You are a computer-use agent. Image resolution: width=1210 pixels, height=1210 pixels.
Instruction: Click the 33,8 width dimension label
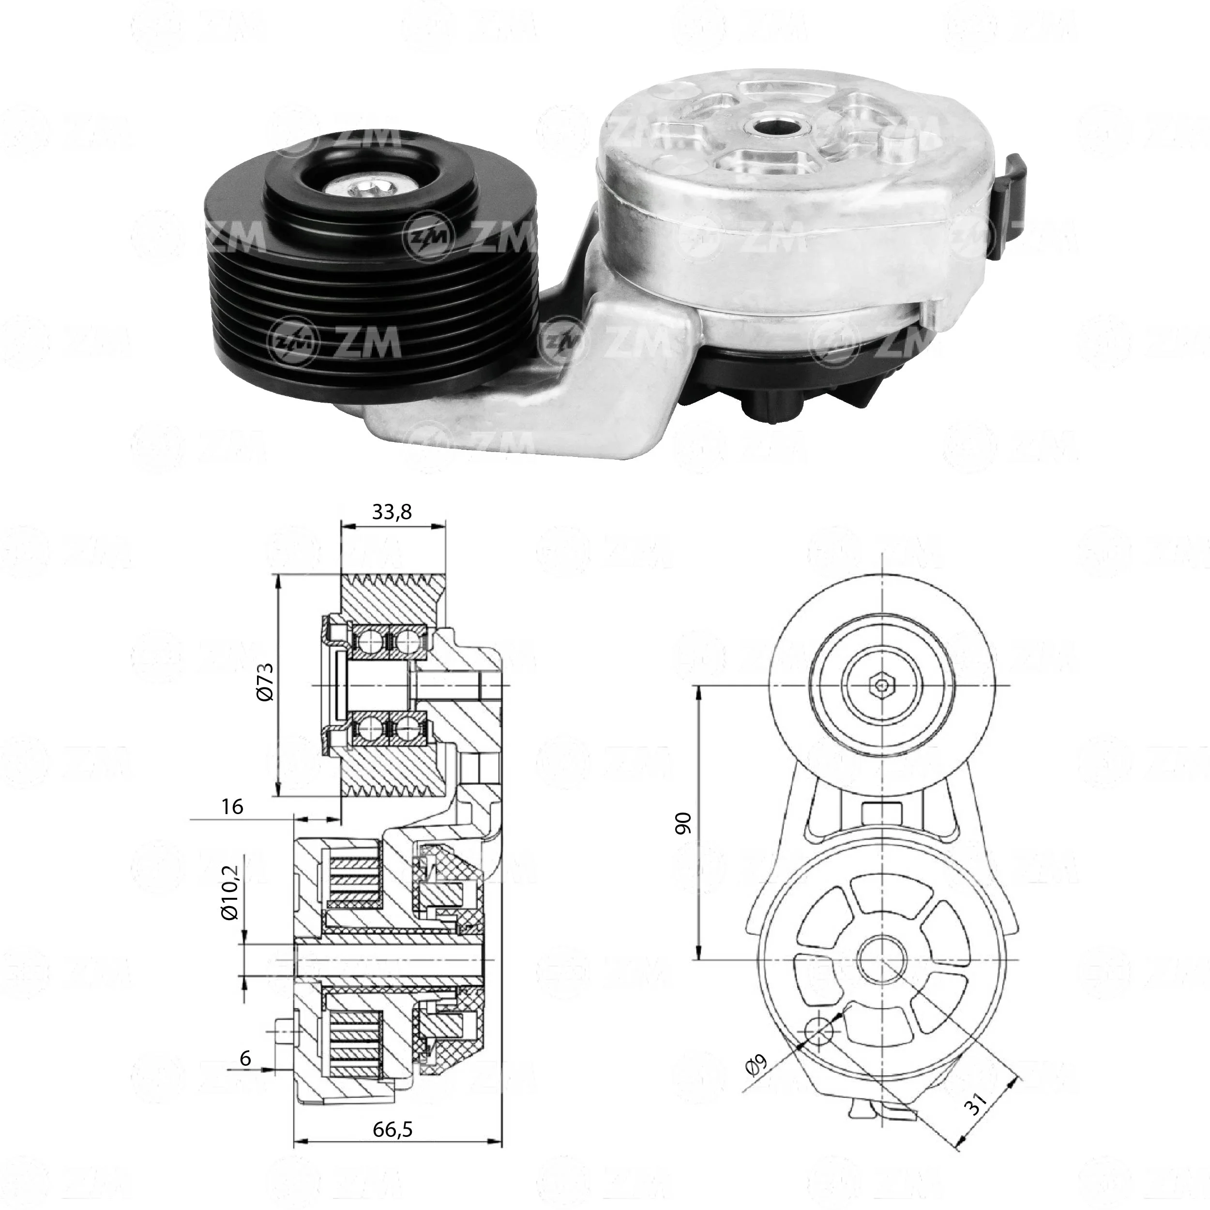(x=392, y=512)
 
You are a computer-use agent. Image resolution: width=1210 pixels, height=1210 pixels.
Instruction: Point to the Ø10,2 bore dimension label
(x=230, y=892)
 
